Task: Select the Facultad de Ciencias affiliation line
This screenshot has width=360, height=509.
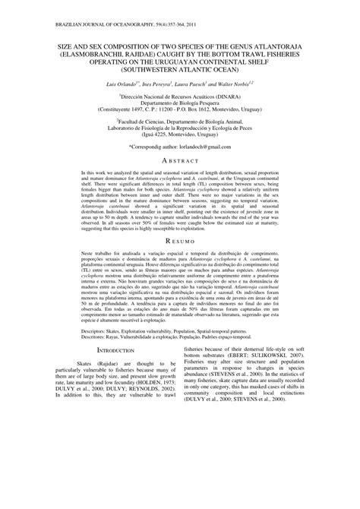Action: [x=180, y=121]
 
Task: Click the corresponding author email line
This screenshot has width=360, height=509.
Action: [x=180, y=144]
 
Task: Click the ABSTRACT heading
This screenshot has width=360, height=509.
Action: [x=180, y=161]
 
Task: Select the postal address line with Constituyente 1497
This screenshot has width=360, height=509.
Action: [x=180, y=110]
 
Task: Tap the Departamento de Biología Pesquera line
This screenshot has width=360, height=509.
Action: [x=180, y=104]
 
